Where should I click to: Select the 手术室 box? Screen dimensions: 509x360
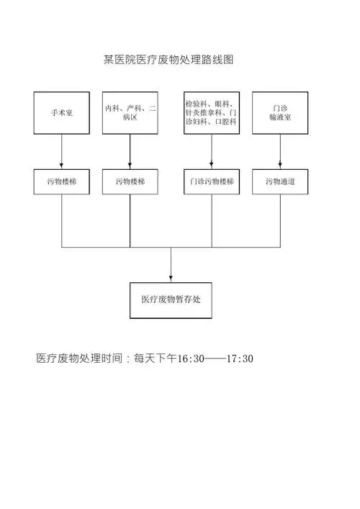61,113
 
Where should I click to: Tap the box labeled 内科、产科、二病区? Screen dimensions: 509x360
130,113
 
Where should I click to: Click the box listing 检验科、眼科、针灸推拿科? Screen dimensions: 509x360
212,113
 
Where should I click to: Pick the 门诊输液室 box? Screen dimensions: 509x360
280,113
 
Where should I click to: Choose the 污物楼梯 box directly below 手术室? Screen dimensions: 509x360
61,182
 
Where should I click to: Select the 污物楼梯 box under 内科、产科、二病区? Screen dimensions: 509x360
130,182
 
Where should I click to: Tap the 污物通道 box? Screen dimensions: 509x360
280,182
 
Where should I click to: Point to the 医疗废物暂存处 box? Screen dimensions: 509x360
171,300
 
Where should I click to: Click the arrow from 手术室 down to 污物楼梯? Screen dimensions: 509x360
61,152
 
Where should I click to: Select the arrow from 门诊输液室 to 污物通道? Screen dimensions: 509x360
280,152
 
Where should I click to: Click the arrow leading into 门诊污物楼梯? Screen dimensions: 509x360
212,152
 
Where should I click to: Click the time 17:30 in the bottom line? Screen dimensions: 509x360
240,359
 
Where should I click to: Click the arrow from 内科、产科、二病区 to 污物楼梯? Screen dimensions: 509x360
130,152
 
